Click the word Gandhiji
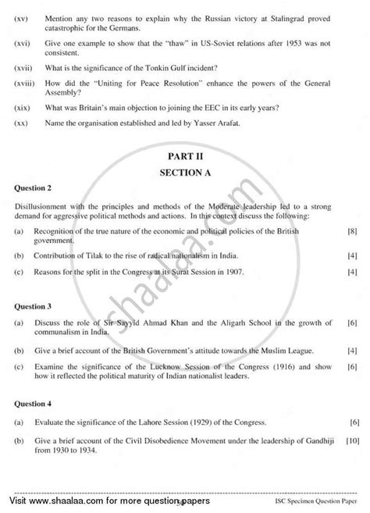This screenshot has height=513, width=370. pyautogui.click(x=318, y=440)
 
